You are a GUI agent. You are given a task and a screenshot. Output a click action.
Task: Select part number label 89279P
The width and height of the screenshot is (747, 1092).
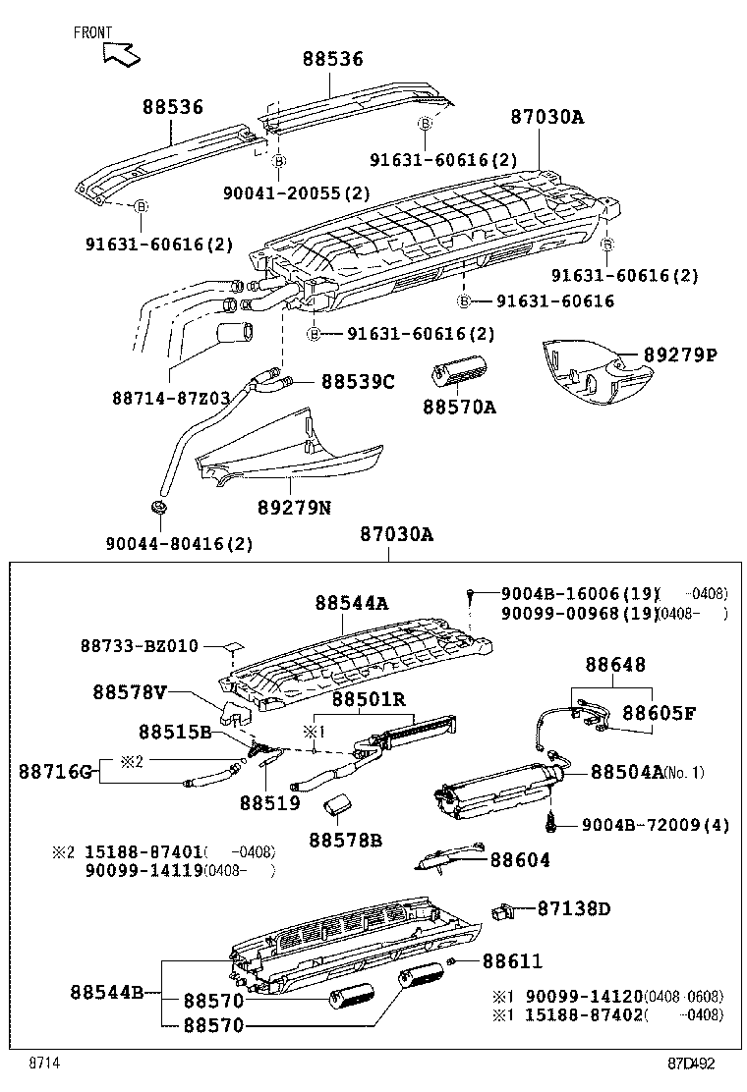click(x=680, y=355)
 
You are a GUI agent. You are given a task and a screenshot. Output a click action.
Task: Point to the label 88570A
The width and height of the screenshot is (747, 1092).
click(x=459, y=406)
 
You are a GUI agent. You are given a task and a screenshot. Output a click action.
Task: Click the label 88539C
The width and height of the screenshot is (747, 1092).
click(x=358, y=381)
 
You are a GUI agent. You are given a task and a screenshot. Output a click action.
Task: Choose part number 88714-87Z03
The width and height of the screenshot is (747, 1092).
click(x=170, y=398)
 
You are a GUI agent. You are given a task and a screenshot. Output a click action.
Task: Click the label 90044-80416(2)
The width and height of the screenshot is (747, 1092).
click(x=179, y=543)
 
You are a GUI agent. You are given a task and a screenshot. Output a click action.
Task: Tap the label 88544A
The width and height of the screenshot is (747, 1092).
click(x=352, y=604)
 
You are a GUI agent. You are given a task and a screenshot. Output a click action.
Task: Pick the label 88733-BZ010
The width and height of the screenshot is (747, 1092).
click(x=139, y=646)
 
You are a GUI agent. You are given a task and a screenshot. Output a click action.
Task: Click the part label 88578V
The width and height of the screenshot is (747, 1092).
click(x=130, y=691)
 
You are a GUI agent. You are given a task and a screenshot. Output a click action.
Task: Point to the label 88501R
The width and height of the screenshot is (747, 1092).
click(x=369, y=699)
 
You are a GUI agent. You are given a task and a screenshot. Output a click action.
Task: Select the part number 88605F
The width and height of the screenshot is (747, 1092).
click(x=659, y=713)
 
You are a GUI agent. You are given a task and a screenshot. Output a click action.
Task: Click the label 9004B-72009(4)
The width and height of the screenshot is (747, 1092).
click(x=655, y=825)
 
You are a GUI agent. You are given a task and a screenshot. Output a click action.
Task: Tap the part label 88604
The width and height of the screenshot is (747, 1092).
click(x=520, y=860)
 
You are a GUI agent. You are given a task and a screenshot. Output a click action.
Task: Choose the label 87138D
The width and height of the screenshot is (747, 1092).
click(x=573, y=909)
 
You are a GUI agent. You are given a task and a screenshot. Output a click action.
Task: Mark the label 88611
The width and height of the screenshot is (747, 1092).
click(x=512, y=961)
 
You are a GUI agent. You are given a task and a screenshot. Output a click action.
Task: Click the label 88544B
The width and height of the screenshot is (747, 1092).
click(x=107, y=992)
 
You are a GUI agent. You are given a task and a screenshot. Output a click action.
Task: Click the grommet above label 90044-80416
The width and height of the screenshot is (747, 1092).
click(x=158, y=509)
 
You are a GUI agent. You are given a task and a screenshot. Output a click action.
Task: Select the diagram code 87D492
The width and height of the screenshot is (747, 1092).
click(x=693, y=1064)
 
